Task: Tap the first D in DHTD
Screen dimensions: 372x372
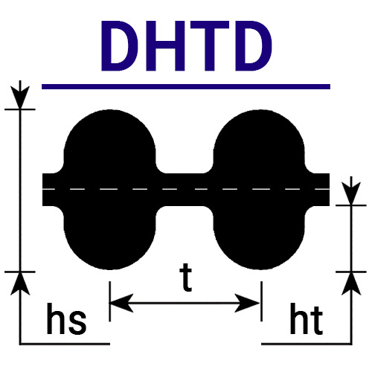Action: [x=120, y=46]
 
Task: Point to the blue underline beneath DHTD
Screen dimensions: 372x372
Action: [x=186, y=86]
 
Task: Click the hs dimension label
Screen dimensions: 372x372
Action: [x=66, y=318]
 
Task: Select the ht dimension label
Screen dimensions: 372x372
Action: [x=307, y=318]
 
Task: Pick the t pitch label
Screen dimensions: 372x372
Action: [x=186, y=278]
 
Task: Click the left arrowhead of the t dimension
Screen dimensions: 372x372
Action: [x=121, y=303]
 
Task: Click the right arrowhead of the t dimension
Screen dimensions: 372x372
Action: [x=248, y=303]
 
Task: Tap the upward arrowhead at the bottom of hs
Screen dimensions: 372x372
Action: [x=20, y=283]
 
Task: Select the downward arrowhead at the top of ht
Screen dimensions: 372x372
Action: [x=351, y=193]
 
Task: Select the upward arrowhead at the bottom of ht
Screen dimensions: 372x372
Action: [x=351, y=283]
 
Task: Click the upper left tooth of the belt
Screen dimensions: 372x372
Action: [x=110, y=141]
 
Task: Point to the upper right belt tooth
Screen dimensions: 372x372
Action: [x=259, y=141]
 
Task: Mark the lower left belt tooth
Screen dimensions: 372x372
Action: [x=110, y=237]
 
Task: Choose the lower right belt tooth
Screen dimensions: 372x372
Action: [x=259, y=237]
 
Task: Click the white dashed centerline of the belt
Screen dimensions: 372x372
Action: [x=186, y=189]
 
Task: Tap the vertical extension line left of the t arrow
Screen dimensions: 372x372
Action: [x=109, y=301]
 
